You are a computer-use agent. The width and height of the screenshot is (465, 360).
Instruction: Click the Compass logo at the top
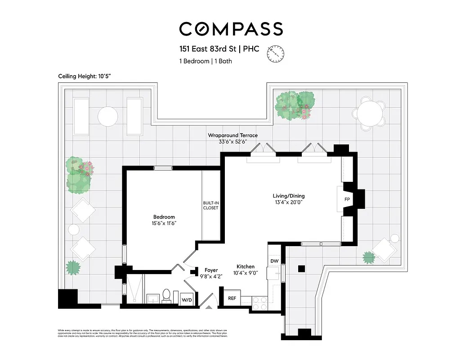(x=231, y=29)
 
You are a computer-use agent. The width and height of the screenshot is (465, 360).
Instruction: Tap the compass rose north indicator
(x=276, y=54)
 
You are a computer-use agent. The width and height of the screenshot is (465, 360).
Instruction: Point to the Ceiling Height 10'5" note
(x=85, y=76)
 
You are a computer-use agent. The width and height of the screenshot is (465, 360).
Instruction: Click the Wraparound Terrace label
(x=232, y=135)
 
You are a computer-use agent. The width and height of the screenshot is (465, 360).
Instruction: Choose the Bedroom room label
(x=164, y=217)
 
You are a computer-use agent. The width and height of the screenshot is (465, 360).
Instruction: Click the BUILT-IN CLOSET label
(x=210, y=205)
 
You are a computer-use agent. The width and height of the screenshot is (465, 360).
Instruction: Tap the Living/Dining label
(x=288, y=196)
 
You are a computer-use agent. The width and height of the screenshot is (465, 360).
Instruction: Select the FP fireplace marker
(x=347, y=199)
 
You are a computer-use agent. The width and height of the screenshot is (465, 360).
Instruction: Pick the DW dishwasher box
(x=274, y=261)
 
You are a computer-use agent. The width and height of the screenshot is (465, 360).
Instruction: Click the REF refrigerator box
(x=232, y=298)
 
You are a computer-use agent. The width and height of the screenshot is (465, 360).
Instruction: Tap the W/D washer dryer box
(x=186, y=300)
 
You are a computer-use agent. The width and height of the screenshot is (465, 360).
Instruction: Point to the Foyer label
(x=211, y=270)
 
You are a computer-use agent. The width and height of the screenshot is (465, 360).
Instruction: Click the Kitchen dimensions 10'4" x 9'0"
(x=246, y=273)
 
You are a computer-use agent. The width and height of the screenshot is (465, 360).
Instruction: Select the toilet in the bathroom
(x=166, y=296)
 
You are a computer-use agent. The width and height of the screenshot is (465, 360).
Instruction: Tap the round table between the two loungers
(x=107, y=116)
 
